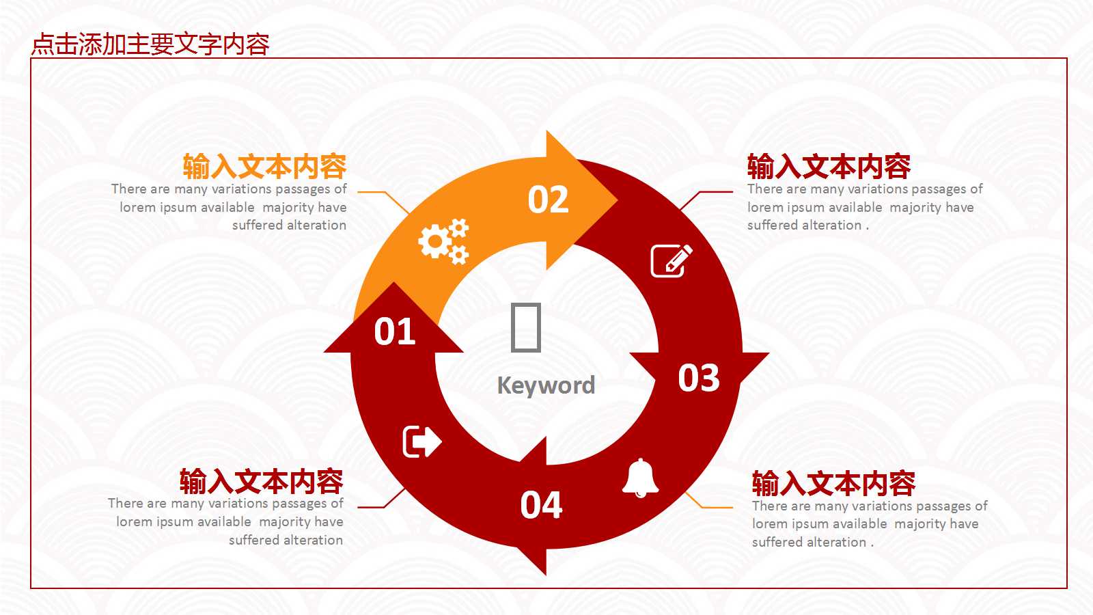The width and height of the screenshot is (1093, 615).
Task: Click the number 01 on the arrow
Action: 395,332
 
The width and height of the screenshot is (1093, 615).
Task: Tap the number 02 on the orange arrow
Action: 549,199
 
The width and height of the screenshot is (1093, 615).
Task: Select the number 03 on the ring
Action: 699,378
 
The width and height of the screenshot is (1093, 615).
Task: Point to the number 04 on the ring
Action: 541,505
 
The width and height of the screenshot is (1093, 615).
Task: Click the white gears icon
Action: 443,242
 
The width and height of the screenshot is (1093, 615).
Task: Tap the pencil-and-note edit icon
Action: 672,260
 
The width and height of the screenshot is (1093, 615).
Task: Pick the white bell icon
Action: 641,478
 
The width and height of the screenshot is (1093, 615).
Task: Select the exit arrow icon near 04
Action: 422,441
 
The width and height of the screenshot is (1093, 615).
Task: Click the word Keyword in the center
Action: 546,385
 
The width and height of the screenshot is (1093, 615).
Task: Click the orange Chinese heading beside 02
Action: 265,167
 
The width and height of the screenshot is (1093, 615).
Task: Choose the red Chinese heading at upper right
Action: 829,167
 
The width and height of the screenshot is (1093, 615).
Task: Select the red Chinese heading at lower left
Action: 262,481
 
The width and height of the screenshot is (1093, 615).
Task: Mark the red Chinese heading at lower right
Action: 834,484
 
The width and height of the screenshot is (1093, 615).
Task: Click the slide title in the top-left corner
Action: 150,44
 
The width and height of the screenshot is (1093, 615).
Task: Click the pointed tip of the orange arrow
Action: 618,200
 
